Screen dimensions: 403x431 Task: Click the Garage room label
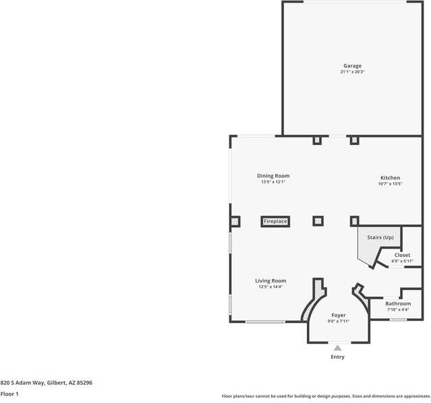(x=352, y=65)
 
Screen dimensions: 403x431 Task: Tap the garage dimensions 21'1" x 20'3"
(x=352, y=72)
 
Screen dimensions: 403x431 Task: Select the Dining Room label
(x=273, y=176)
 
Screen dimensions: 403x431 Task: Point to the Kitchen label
(x=390, y=177)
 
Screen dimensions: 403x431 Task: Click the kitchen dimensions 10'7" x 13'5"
(x=390, y=183)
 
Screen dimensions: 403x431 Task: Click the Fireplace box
(x=275, y=221)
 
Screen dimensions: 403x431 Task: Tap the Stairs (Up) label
(x=380, y=238)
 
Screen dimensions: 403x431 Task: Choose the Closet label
(x=402, y=255)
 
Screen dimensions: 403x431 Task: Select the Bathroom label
(x=398, y=304)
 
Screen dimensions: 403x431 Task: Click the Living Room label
(x=270, y=280)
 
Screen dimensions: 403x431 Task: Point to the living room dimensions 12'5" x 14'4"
(x=270, y=287)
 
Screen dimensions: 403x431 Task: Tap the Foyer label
(x=338, y=315)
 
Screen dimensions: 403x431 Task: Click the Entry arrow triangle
(x=337, y=348)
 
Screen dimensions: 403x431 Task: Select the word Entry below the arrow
(x=337, y=357)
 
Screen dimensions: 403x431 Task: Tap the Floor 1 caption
(x=9, y=394)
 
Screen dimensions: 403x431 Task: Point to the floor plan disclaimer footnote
(x=325, y=396)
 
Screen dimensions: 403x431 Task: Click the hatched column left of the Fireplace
(x=235, y=220)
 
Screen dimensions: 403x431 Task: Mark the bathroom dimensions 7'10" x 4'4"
(x=398, y=310)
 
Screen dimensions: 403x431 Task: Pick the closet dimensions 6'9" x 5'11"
(x=402, y=261)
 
